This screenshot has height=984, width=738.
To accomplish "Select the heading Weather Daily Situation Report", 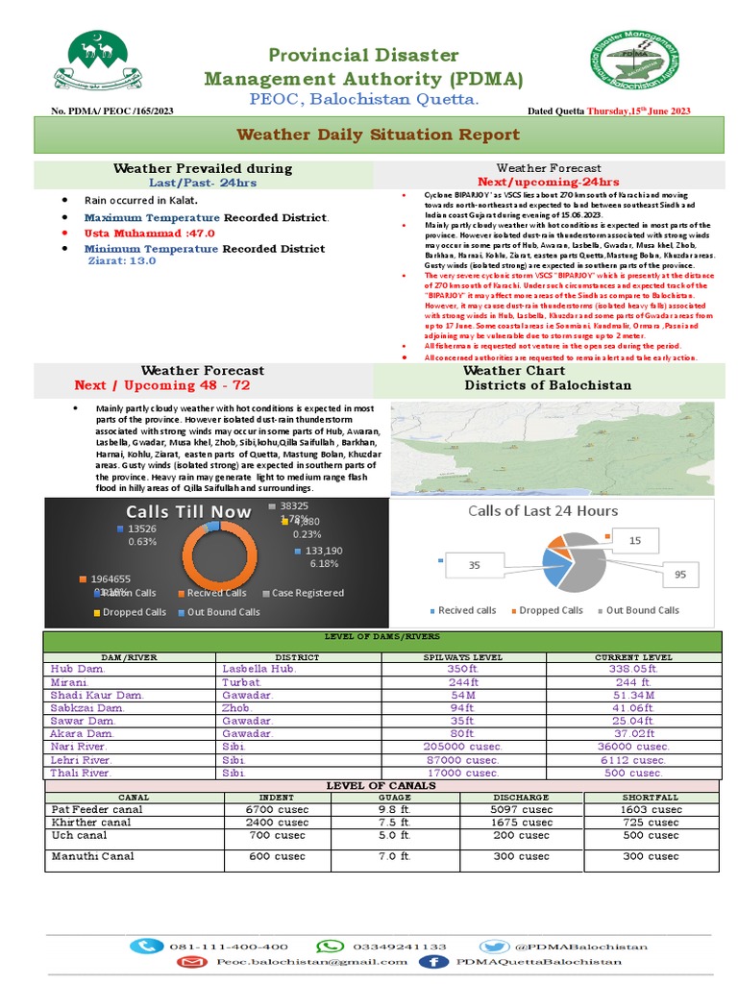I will click(378, 135).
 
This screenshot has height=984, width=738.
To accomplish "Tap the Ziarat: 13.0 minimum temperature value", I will click(123, 260).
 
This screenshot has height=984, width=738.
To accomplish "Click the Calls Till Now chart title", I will click(188, 512).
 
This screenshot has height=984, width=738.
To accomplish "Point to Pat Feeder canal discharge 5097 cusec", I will click(522, 810).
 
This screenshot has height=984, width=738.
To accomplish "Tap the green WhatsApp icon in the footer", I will click(330, 947).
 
